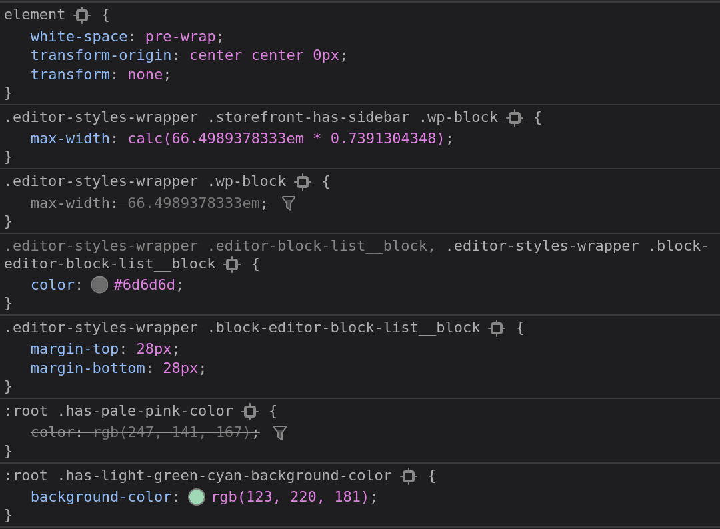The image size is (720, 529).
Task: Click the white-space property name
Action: point(79,37)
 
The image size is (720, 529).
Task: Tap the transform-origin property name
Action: point(101,55)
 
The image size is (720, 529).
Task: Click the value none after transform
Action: point(145,74)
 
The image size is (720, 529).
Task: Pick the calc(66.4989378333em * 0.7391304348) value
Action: point(286,139)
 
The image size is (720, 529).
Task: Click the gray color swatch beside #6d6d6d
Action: point(99,285)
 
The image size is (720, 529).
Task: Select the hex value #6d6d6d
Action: point(144,285)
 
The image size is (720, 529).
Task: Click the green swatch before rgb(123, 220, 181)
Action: point(197,497)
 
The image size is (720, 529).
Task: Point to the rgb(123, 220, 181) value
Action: point(289,497)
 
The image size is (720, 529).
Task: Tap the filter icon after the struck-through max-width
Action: point(289,203)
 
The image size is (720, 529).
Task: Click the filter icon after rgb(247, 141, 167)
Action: point(280,433)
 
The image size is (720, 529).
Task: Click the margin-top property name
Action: point(74,349)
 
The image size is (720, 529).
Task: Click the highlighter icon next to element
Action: point(82,15)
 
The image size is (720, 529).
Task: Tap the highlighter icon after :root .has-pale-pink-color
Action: point(250,412)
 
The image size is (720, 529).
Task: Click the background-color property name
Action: point(101,497)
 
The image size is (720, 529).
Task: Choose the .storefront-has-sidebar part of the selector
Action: point(308,117)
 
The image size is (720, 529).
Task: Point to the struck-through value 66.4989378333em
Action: point(193,203)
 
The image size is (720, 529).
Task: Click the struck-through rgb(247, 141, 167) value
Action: point(171,432)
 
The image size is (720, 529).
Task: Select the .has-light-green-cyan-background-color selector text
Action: point(224,476)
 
